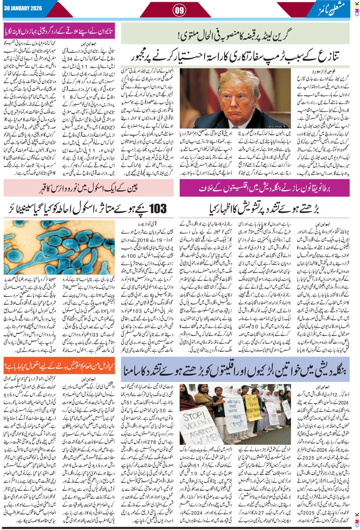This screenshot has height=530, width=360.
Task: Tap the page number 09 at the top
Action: click(x=180, y=10)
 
